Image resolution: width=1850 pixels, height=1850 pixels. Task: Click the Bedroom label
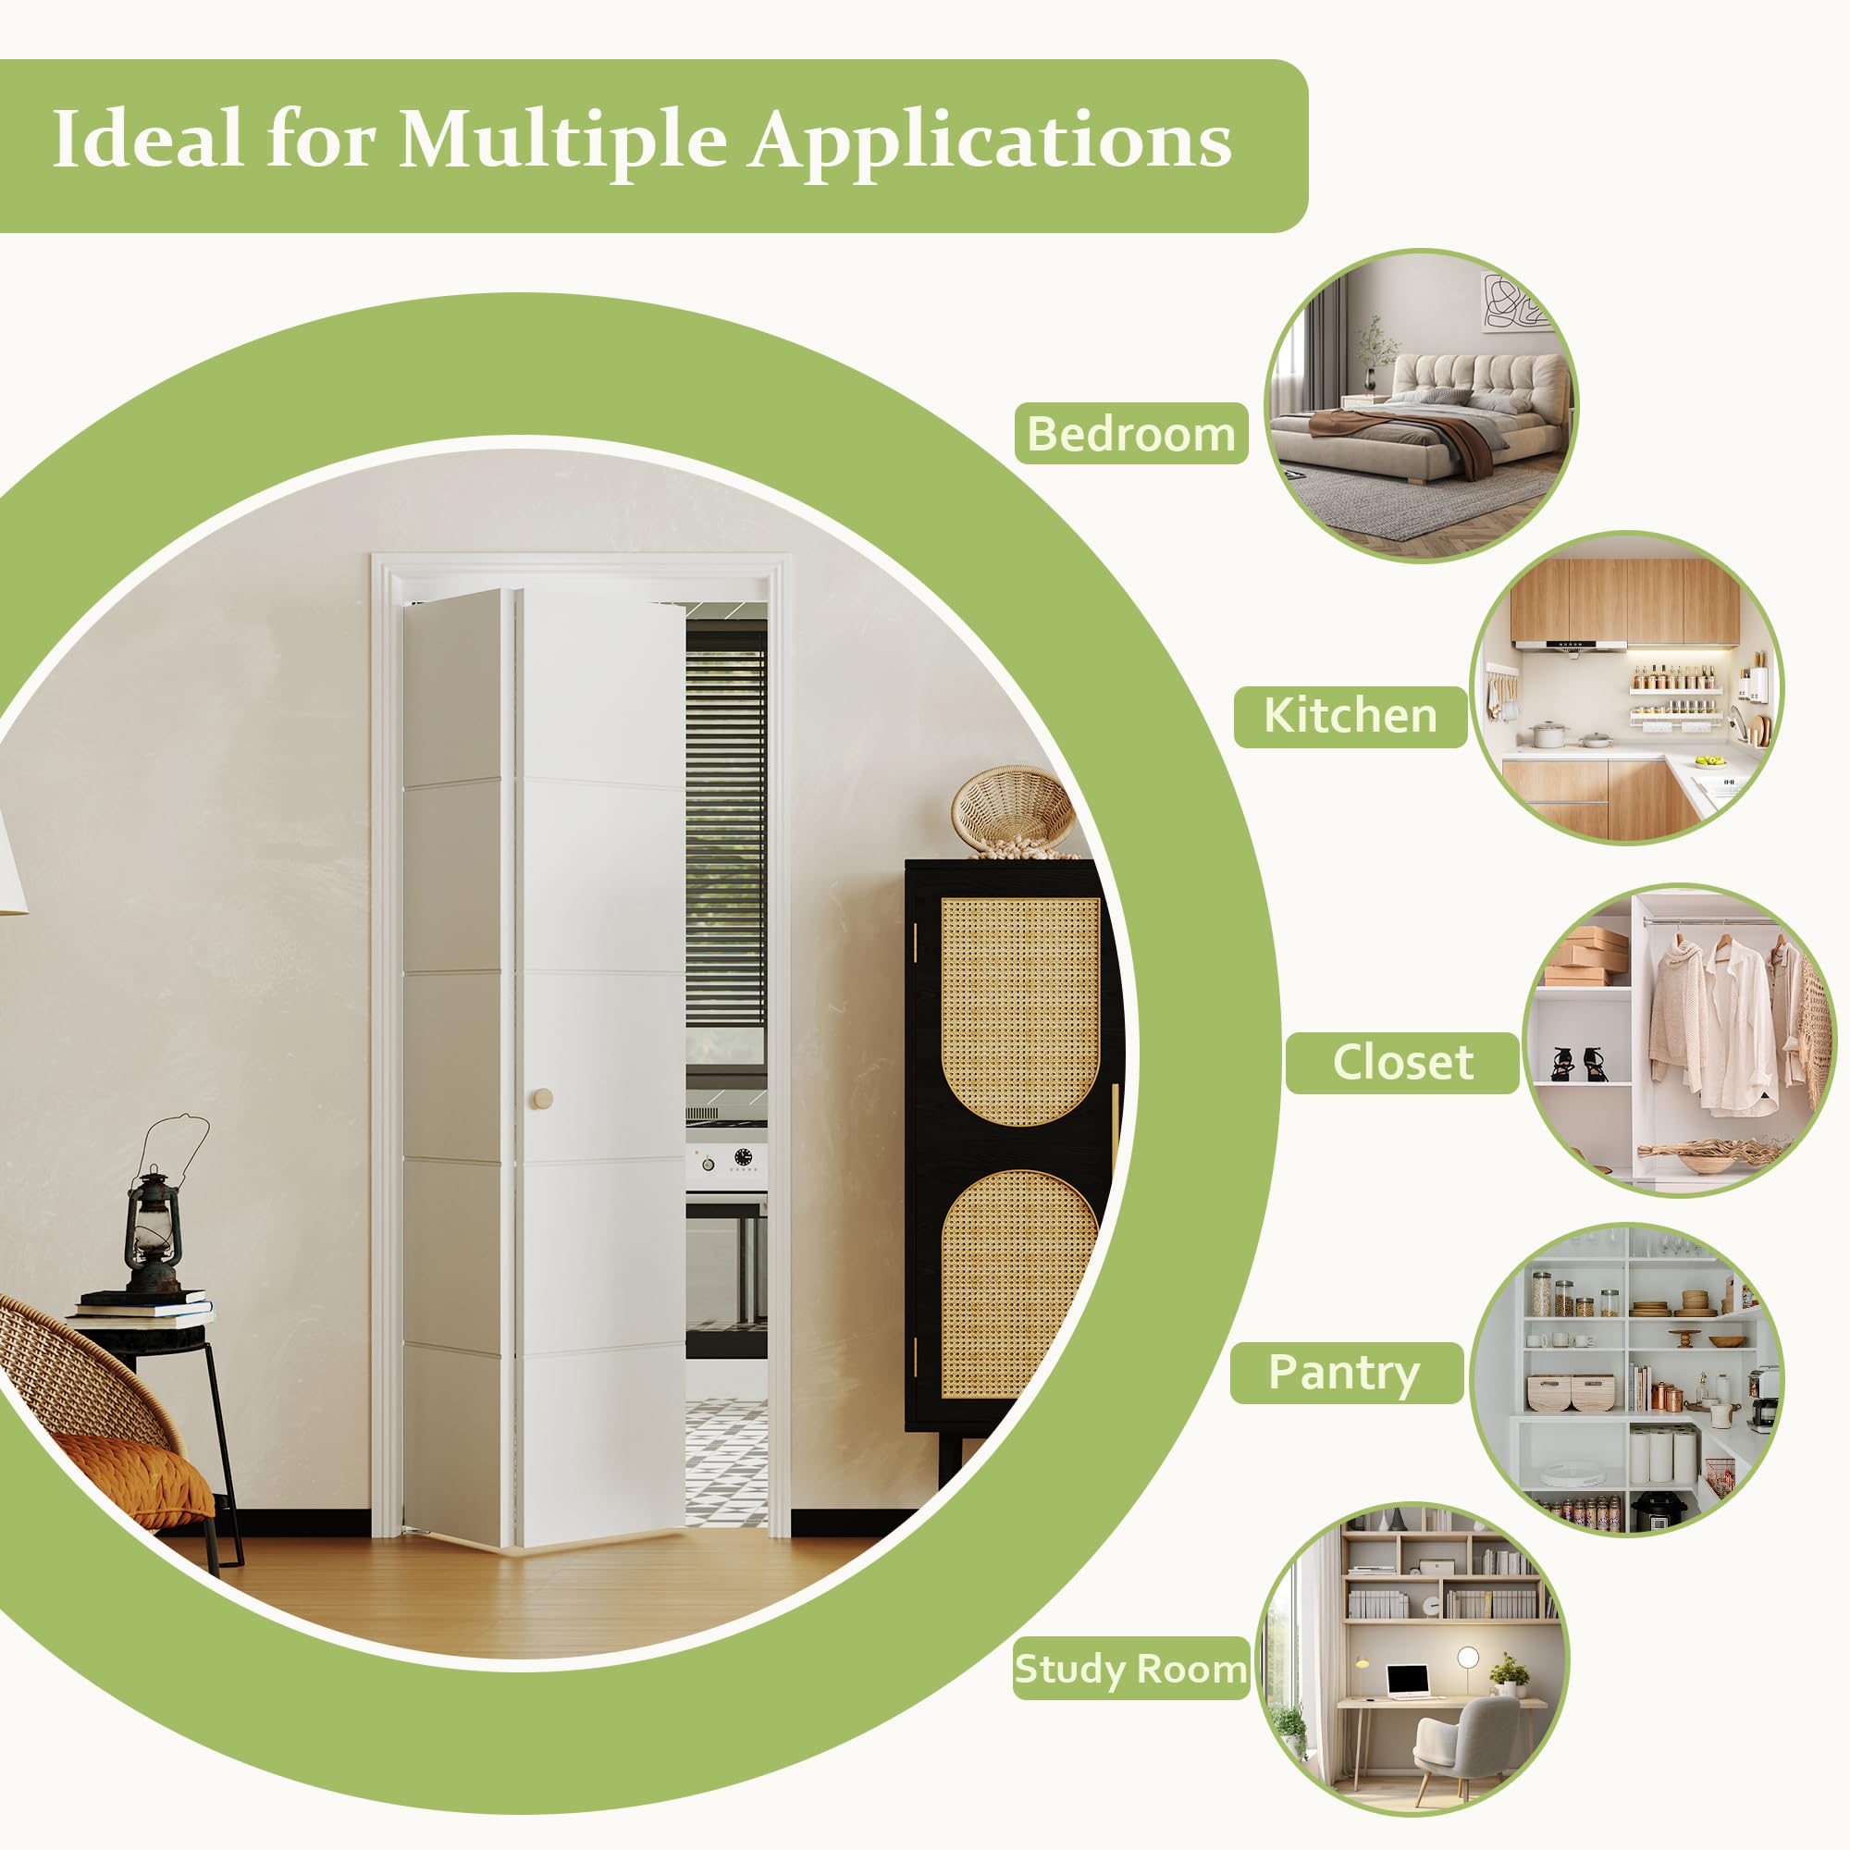tap(1131, 434)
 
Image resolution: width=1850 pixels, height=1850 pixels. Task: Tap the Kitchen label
tap(1350, 715)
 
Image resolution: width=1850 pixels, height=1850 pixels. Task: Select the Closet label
tap(1403, 1062)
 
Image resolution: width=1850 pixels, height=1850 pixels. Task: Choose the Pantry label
tap(1345, 1373)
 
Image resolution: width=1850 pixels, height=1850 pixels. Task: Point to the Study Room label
tap(1131, 1669)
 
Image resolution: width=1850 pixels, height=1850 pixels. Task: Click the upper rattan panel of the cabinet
tap(1019, 1010)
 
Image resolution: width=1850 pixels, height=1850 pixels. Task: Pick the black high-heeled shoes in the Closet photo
tap(1579, 1063)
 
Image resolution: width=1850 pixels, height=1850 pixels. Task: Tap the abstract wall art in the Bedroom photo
tap(1516, 302)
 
